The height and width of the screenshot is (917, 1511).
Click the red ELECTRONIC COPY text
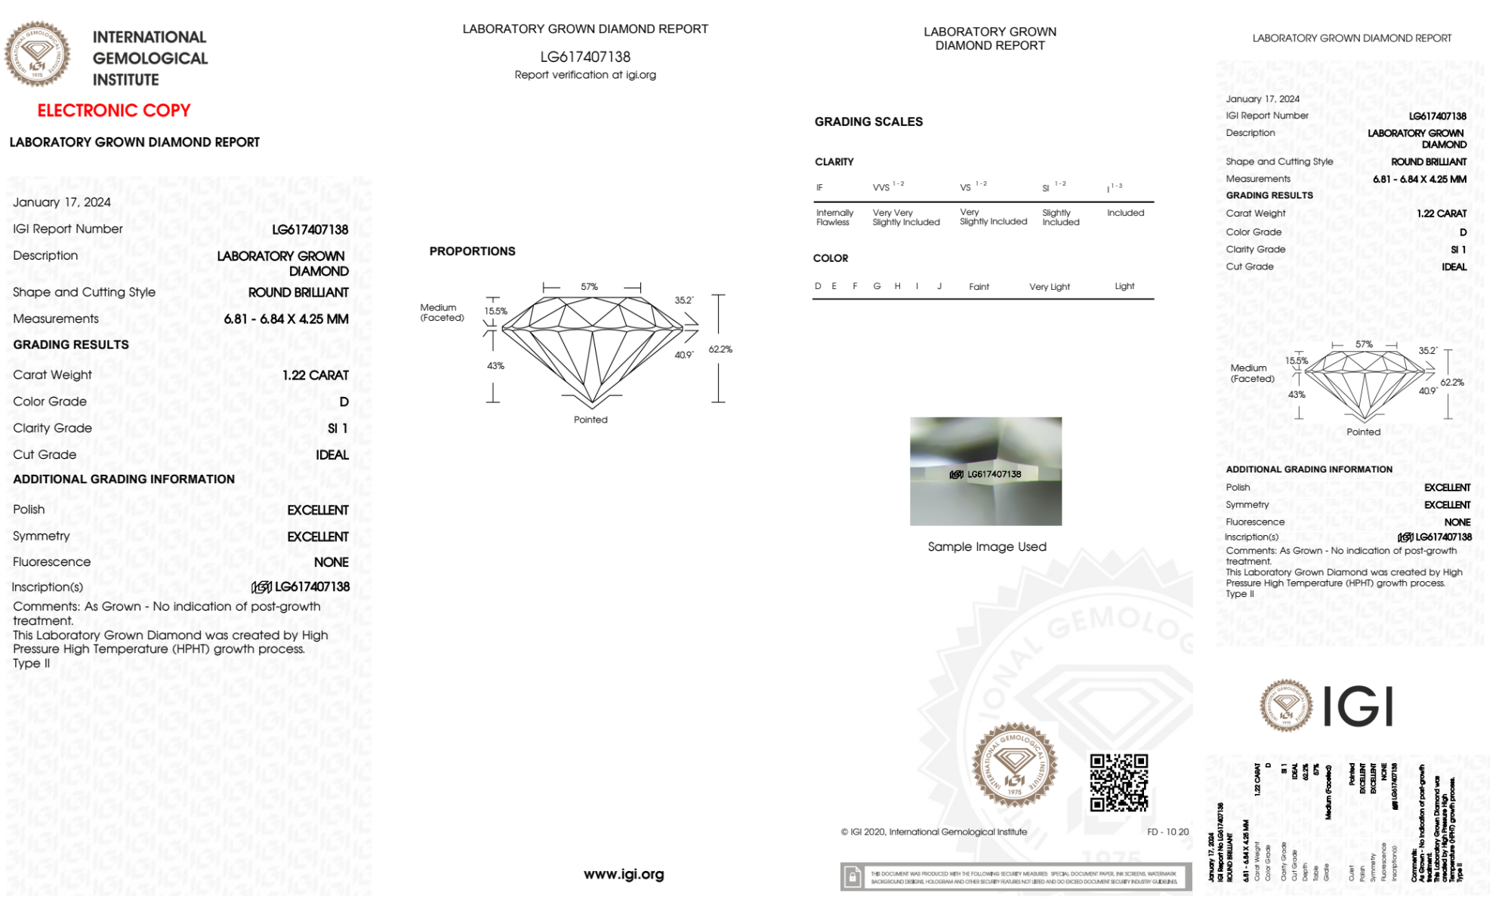click(114, 111)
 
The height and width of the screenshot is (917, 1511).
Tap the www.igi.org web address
click(624, 874)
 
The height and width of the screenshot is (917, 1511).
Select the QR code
click(1119, 783)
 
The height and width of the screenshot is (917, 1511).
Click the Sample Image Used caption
click(987, 546)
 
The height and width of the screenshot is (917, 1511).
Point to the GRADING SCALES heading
click(868, 122)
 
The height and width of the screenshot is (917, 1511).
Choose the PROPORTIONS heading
click(472, 251)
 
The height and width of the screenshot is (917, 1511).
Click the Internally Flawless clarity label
click(834, 217)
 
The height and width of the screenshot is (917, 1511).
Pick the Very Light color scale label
click(1050, 287)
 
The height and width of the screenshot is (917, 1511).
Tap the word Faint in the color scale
click(979, 287)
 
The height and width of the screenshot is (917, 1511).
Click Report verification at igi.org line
click(585, 75)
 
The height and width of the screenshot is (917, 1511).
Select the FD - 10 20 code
click(1167, 832)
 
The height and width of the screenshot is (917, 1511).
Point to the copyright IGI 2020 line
click(934, 832)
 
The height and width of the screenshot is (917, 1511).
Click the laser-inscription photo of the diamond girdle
click(985, 471)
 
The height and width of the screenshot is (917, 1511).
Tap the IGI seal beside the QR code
click(1014, 765)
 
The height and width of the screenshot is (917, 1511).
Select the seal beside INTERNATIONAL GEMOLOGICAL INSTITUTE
click(37, 54)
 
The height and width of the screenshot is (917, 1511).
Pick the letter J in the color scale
click(939, 286)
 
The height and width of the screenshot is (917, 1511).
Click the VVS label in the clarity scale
click(881, 187)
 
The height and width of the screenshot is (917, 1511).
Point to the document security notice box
click(1016, 877)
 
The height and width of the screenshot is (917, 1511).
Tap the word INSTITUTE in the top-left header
click(125, 80)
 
